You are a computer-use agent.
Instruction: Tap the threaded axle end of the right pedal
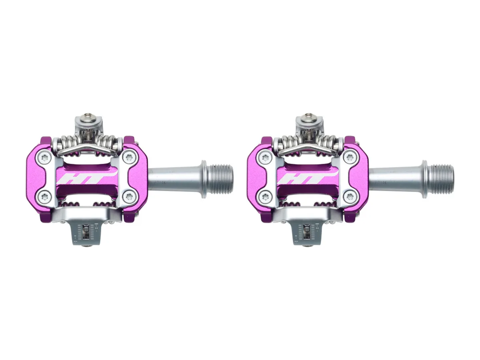coord(440,179)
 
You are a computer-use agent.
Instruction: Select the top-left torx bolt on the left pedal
coord(43,157)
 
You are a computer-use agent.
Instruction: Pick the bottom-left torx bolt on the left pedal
coord(43,196)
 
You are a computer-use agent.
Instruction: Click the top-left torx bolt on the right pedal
coord(264,157)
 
